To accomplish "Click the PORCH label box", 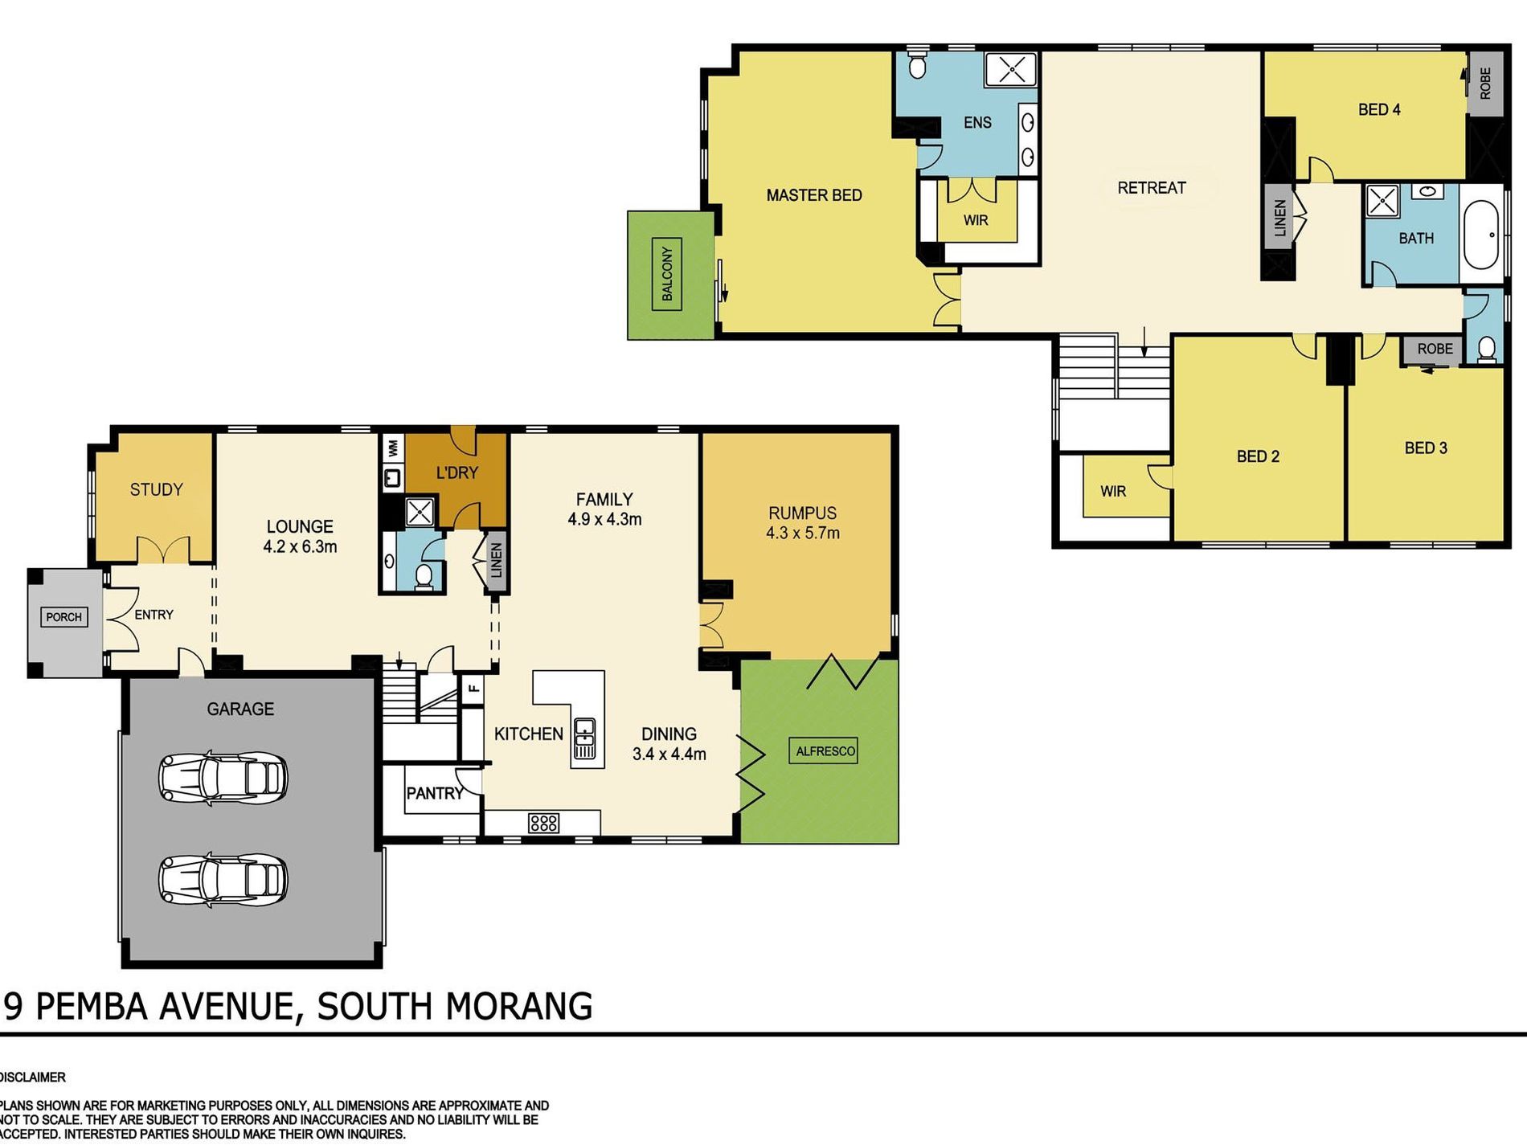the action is tap(63, 617).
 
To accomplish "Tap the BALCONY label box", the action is tap(667, 274).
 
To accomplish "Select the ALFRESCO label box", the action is tap(825, 751).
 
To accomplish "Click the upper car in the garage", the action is tap(223, 777).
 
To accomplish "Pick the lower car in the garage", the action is tap(223, 880).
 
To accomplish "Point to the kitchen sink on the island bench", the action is tap(585, 738).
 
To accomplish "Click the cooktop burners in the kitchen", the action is tap(543, 823).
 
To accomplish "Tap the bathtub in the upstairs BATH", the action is tap(1481, 235).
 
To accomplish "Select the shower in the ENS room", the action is tap(1011, 69).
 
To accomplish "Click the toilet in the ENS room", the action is tap(918, 64).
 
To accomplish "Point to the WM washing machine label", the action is tap(393, 448).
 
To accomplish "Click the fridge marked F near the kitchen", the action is tap(473, 688).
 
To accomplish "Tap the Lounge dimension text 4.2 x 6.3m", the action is tap(300, 547).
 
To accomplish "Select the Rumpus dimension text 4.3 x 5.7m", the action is tap(803, 533).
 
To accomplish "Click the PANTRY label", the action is tap(435, 793).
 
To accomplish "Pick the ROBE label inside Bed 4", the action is tap(1485, 83).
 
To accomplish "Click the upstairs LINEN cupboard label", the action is tap(1280, 217).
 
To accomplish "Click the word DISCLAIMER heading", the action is tap(33, 1077).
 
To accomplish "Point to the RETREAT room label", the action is tap(1152, 187).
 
